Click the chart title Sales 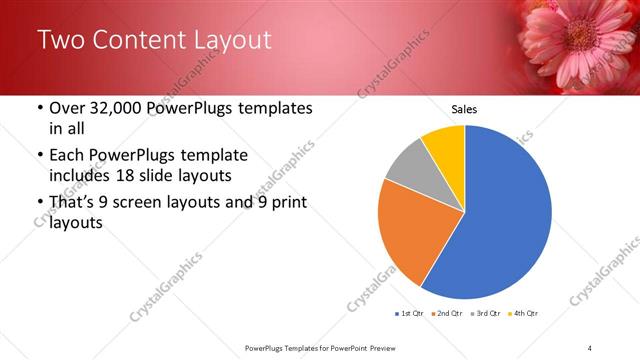(x=464, y=108)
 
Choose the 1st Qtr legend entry (x=410, y=314)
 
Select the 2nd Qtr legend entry (x=447, y=314)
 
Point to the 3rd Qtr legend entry (x=485, y=314)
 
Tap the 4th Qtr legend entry (x=522, y=314)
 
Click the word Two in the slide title (x=61, y=40)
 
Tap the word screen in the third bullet (x=149, y=204)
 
